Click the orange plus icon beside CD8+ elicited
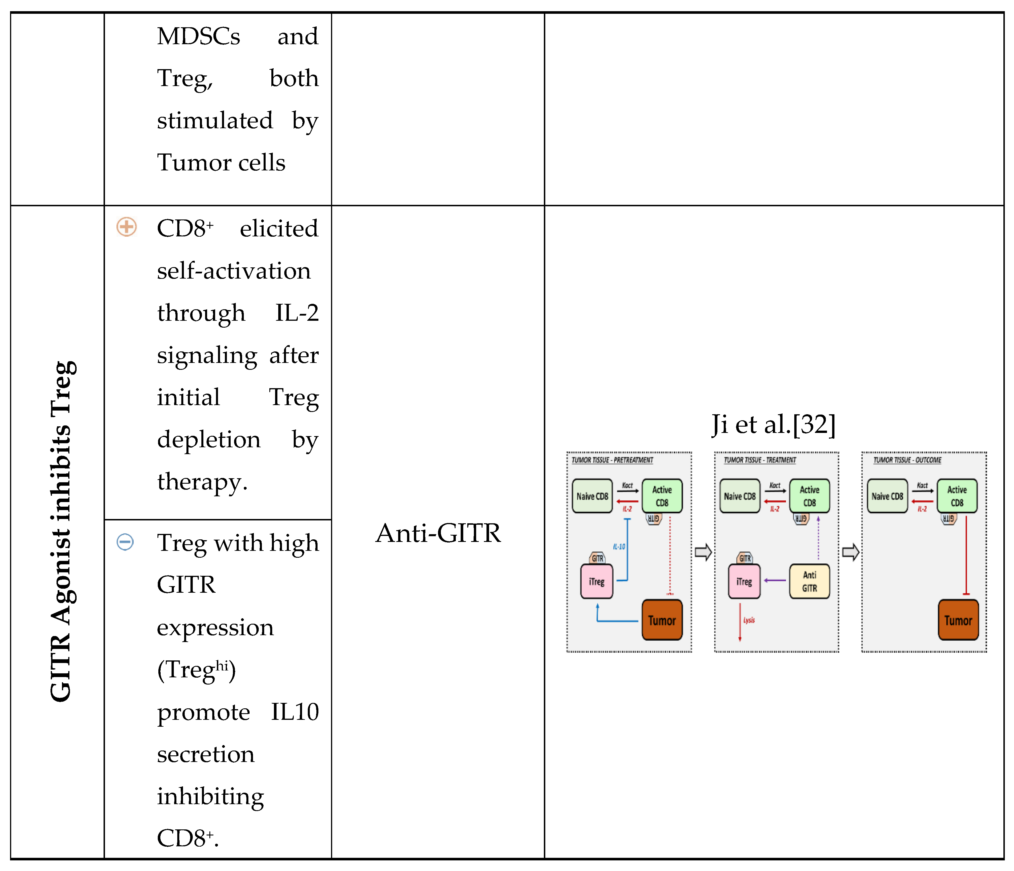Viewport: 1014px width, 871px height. pos(126,227)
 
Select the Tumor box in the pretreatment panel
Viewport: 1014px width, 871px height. pos(662,620)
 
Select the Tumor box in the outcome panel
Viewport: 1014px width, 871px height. pos(958,620)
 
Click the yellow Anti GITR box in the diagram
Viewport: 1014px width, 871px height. pos(809,581)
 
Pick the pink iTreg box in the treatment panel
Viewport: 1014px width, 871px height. pos(744,581)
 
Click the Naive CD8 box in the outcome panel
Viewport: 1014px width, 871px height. pos(887,496)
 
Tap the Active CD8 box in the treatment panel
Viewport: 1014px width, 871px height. pos(809,496)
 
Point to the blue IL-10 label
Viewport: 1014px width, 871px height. pos(619,547)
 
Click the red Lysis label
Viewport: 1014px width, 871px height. pos(749,620)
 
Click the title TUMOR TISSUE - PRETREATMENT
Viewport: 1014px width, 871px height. pos(612,460)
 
